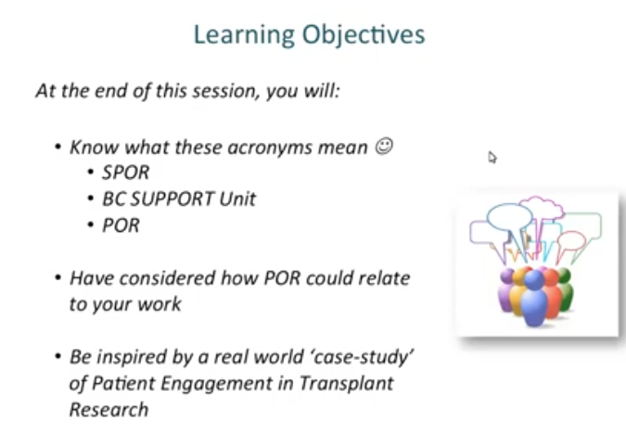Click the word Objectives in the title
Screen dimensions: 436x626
pos(364,35)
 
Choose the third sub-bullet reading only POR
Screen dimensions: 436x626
pos(121,224)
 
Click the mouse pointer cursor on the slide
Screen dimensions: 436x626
pos(492,157)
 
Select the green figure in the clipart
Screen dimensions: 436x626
pos(565,288)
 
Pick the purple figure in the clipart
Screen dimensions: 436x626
pos(505,288)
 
